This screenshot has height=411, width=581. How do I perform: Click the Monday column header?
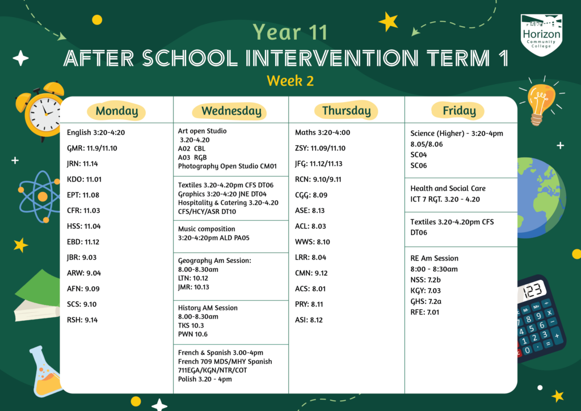tap(116, 111)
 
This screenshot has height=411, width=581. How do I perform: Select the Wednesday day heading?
tap(231, 111)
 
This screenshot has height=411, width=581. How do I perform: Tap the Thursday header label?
tap(346, 111)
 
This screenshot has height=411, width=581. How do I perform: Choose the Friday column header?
tap(459, 111)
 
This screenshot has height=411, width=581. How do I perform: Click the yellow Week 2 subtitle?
tap(290, 81)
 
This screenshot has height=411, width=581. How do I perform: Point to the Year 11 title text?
tap(290, 32)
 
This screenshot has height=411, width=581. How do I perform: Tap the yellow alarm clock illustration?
tap(42, 111)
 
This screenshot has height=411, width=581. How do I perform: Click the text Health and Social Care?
tap(448, 188)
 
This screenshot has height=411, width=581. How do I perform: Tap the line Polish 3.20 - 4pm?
tap(205, 379)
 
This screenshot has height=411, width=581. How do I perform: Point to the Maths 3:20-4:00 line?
tap(322, 133)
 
